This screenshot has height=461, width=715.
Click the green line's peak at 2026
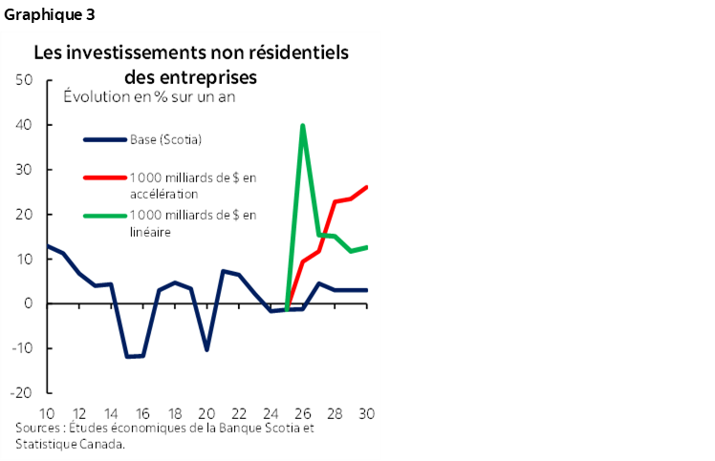pyautogui.click(x=303, y=125)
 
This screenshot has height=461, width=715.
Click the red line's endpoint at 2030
pyautogui.click(x=367, y=187)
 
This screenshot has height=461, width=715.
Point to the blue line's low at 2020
pyautogui.click(x=206, y=349)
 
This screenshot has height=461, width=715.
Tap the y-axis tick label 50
pyautogui.click(x=26, y=80)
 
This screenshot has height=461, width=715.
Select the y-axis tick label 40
pyautogui.click(x=26, y=125)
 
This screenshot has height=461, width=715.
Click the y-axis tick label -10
pyautogui.click(x=23, y=348)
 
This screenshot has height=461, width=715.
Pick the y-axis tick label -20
pyautogui.click(x=23, y=393)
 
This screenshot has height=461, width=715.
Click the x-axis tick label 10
pyautogui.click(x=47, y=413)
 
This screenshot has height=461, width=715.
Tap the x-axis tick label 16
pyautogui.click(x=142, y=413)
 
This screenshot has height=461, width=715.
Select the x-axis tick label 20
pyautogui.click(x=206, y=413)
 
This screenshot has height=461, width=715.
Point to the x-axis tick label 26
pyautogui.click(x=303, y=413)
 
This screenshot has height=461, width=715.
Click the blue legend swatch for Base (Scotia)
pyautogui.click(x=105, y=140)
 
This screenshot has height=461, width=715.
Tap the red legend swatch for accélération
pyautogui.click(x=105, y=178)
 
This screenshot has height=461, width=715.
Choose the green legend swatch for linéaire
pyautogui.click(x=105, y=215)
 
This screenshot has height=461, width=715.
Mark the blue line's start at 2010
pyautogui.click(x=47, y=246)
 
